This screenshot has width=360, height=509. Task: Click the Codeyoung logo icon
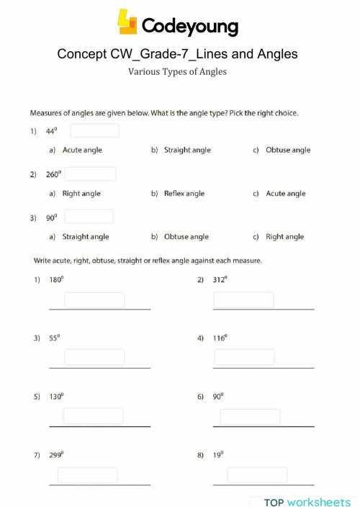pos(127,24)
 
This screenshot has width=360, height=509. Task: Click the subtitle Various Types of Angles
pos(177,71)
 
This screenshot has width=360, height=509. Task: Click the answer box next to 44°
pos(94,131)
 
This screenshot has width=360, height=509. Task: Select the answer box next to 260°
pos(91,174)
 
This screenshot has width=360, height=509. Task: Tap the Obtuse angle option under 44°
pos(287,150)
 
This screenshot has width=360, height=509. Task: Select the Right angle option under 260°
pos(81,194)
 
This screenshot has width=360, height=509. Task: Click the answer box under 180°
pos(94,300)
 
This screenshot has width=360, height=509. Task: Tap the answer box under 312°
pos(244,300)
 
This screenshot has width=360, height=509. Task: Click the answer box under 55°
pos(94,357)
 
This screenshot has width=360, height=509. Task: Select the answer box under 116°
pos(244,357)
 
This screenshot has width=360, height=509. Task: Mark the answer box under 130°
pos(93,416)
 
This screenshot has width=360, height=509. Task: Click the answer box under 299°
pos(88,475)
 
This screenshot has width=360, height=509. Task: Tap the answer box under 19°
pos(257,475)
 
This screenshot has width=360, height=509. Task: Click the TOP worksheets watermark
pos(307,502)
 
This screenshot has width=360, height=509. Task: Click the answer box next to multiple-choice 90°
pos(89,217)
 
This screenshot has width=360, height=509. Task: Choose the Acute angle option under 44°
pos(82,150)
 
